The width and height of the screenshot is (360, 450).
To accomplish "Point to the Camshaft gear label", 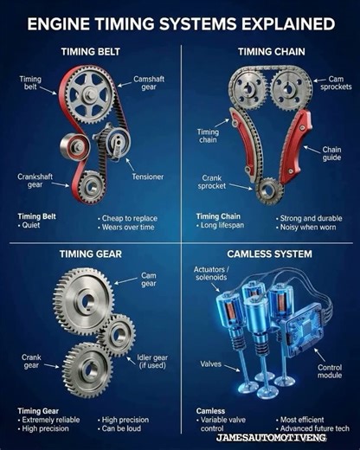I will [149, 83].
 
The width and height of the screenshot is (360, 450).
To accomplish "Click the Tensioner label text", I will [147, 177].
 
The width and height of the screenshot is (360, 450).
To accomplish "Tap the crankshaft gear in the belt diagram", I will [91, 183].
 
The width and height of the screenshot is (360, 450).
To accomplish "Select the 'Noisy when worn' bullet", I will [307, 228].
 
